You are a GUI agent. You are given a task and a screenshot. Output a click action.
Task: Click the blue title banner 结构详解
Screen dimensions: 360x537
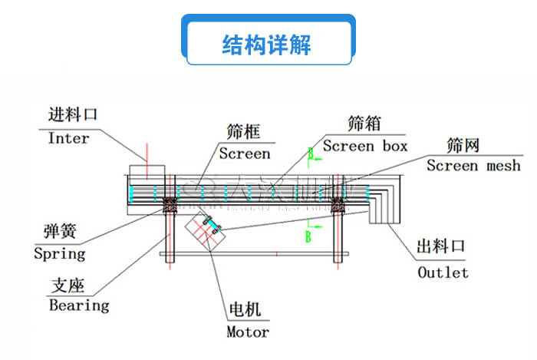tap(268, 44)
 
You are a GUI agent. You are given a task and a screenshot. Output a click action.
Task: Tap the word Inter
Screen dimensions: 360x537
tap(68, 139)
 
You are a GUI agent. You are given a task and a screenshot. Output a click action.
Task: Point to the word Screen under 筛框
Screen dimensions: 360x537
tap(245, 154)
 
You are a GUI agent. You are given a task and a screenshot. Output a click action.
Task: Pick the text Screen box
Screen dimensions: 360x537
tap(365, 145)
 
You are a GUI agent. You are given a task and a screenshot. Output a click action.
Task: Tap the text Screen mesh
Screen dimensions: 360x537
tap(473, 166)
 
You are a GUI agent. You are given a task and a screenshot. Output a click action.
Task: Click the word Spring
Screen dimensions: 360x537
tap(60, 253)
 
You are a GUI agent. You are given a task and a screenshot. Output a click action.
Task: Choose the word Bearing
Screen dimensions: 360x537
tap(79, 306)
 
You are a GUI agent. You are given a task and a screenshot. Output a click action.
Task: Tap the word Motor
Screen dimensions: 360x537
tap(248, 332)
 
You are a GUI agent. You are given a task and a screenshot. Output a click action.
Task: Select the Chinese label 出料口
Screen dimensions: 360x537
tap(441, 247)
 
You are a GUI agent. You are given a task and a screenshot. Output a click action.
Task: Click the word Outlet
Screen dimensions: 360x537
tap(443, 272)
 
